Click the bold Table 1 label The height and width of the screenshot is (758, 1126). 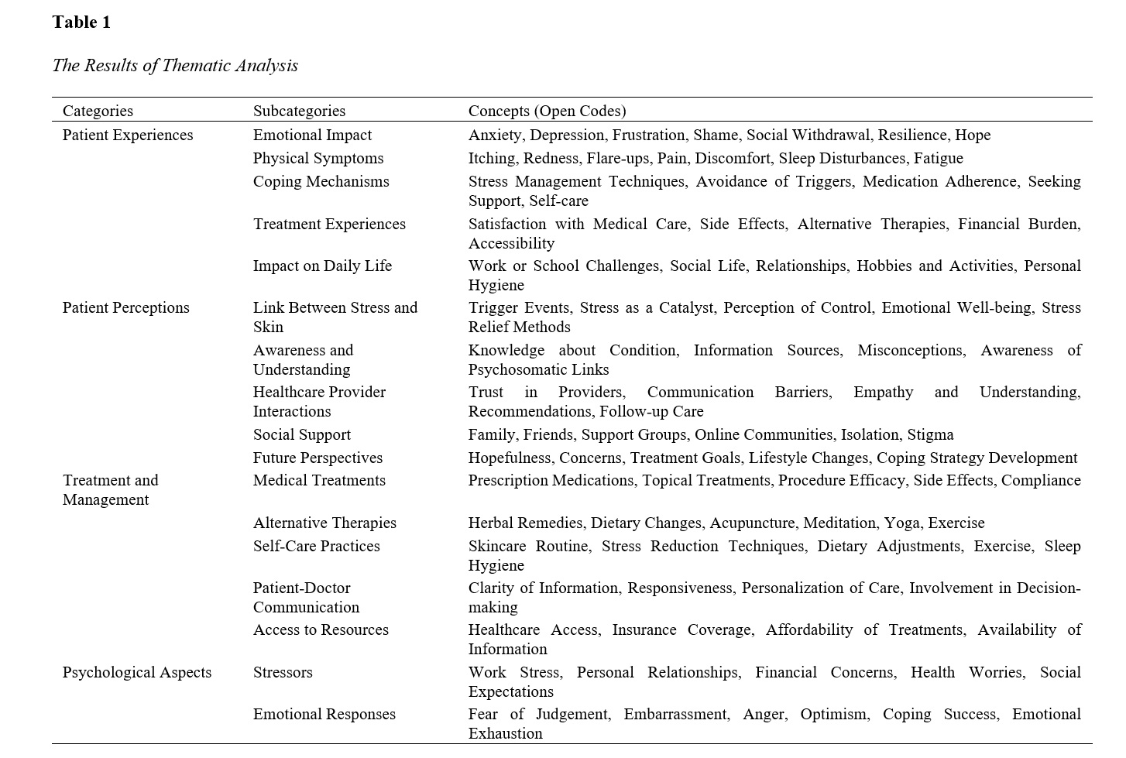pyautogui.click(x=81, y=22)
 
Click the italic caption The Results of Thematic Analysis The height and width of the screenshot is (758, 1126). pyautogui.click(x=175, y=66)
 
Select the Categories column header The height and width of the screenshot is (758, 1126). pyautogui.click(x=98, y=111)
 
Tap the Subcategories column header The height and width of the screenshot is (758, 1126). pyautogui.click(x=299, y=111)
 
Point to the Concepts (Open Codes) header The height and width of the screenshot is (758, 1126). pyautogui.click(x=547, y=111)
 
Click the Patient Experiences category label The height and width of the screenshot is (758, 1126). pyautogui.click(x=128, y=135)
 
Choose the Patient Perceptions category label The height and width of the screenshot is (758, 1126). pyautogui.click(x=125, y=308)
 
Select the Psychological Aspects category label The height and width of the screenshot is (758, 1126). pyautogui.click(x=137, y=673)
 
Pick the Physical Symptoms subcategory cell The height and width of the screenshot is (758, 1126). pyautogui.click(x=318, y=159)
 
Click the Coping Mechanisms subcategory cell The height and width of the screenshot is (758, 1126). pyautogui.click(x=321, y=182)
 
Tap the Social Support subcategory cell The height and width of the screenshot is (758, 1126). pyautogui.click(x=301, y=435)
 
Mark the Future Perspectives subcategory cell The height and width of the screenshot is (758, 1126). pyautogui.click(x=318, y=458)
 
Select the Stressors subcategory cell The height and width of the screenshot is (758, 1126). pyautogui.click(x=283, y=673)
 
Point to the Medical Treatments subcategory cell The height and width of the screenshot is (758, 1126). pyautogui.click(x=319, y=481)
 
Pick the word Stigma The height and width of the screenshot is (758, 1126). pyautogui.click(x=930, y=435)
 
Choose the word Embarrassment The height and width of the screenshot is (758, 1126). pyautogui.click(x=676, y=715)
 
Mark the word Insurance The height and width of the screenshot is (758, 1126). pyautogui.click(x=643, y=630)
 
